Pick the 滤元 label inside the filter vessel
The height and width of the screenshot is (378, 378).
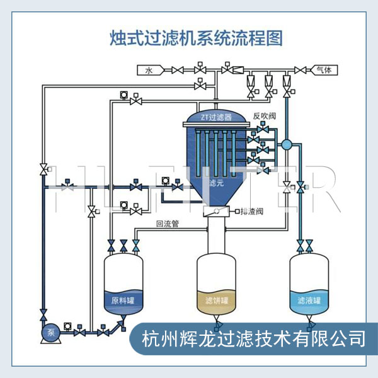pos(215,183)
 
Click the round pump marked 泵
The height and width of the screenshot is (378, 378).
pos(48,332)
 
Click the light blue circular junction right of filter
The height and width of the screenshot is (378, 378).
pos(287,145)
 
